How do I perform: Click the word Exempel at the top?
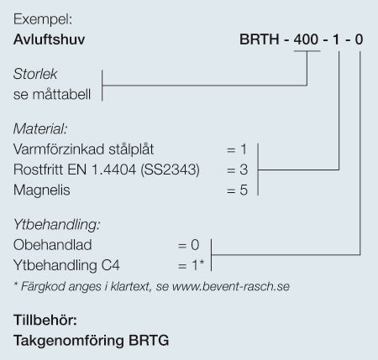(43, 19)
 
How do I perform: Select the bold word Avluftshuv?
(49, 39)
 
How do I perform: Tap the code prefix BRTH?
(260, 39)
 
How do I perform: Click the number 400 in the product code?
(306, 39)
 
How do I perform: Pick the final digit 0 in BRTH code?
(359, 39)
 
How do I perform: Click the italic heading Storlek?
(35, 74)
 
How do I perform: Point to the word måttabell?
(61, 94)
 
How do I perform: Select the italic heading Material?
(40, 129)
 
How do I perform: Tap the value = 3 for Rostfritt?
(237, 170)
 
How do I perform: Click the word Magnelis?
(42, 190)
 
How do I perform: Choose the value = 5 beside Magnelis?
(237, 190)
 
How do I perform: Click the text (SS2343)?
(170, 170)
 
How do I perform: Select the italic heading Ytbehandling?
(57, 225)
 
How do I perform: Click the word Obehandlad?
(53, 245)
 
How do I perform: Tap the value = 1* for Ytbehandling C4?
(191, 265)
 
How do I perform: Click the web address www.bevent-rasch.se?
(231, 286)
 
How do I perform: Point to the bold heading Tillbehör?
(45, 320)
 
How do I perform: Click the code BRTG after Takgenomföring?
(149, 340)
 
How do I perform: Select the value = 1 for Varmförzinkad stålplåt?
(237, 149)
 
